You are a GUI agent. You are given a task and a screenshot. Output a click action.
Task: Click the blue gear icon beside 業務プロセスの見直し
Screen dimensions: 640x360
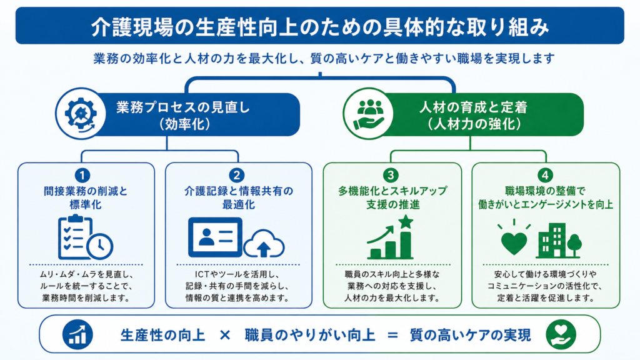coord(81,114)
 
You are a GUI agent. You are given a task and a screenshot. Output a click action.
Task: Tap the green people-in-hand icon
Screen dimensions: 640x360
coord(369,114)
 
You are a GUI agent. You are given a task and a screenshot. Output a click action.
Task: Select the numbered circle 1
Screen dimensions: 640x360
coord(82,176)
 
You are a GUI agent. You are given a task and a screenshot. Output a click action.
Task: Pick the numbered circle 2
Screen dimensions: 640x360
coord(237,176)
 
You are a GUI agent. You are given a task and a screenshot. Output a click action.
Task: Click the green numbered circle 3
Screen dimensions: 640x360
coord(391,176)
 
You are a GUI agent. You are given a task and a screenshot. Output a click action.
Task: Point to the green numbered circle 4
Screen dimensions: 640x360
coord(545,176)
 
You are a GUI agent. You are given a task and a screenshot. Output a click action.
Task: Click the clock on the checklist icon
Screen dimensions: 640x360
coord(100,246)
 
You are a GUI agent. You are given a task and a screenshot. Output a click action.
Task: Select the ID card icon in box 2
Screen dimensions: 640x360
coord(215,237)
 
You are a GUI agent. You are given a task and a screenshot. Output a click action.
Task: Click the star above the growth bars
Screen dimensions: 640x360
coord(406,222)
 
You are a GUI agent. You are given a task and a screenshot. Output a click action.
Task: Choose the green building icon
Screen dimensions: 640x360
coord(552,241)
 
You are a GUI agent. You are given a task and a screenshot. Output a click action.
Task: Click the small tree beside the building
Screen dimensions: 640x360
coord(574,245)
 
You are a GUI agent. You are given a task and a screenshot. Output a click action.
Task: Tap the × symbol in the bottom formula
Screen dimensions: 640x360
coord(225,336)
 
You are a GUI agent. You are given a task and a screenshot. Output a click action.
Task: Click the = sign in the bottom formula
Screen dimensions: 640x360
coord(392,336)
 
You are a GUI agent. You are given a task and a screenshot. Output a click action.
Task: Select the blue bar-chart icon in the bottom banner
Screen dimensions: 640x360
coord(77,335)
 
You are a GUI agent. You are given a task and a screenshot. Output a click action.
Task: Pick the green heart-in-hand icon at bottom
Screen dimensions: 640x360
coord(561,335)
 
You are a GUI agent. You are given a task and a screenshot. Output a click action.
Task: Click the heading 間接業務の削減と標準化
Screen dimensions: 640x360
coord(85,197)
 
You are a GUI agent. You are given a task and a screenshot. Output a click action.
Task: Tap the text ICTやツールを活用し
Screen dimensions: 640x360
coord(237,274)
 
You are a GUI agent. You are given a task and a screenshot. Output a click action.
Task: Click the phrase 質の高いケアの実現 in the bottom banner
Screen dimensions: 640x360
coord(470,336)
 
